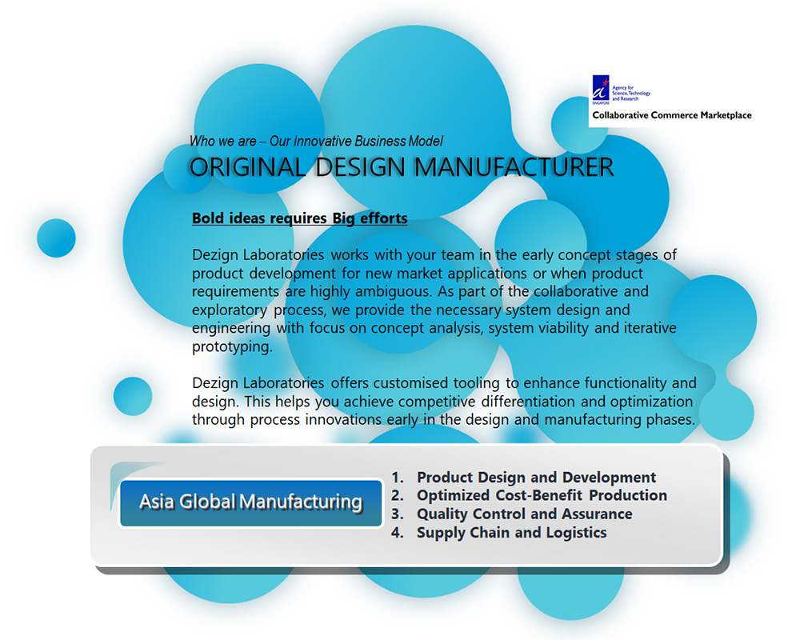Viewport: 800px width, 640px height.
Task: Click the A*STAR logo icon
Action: point(601,90)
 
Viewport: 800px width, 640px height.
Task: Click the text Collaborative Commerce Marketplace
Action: point(671,115)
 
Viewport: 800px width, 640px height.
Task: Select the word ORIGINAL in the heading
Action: point(247,167)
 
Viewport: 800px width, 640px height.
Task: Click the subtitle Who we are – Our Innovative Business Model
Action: point(316,141)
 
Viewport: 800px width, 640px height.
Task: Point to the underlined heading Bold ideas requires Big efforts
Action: point(299,218)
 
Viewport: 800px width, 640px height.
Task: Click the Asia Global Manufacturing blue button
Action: point(250,502)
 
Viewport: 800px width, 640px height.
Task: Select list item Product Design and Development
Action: point(536,477)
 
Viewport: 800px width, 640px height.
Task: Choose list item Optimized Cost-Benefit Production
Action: point(542,495)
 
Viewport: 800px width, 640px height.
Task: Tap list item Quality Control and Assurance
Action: point(525,514)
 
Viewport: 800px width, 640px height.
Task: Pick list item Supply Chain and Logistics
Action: point(512,532)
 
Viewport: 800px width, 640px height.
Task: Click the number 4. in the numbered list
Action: point(398,532)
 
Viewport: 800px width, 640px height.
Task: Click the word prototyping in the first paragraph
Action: point(232,347)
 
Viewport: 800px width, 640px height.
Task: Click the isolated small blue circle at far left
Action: point(56,238)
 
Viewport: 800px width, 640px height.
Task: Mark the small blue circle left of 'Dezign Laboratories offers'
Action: point(133,396)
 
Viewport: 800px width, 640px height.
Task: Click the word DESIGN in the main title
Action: point(360,167)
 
